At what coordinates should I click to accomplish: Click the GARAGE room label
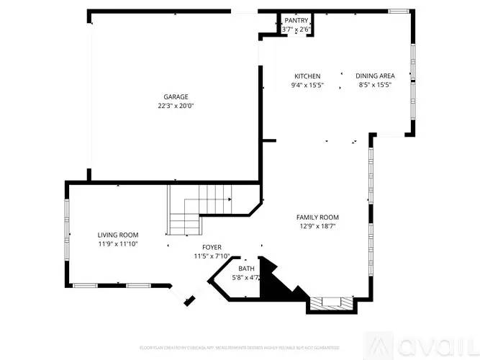[176, 96]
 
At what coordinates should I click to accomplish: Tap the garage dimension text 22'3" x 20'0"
[176, 106]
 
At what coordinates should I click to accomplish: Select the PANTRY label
[296, 21]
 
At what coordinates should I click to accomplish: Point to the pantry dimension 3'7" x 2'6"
[296, 30]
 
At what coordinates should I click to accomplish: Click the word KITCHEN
[307, 76]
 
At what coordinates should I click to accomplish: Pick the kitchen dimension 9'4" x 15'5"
[307, 85]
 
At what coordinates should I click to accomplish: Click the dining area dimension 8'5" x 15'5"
[375, 85]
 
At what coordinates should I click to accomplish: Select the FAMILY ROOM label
[317, 217]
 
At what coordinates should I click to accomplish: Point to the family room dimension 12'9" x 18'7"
[317, 226]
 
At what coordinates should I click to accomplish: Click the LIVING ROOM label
[118, 235]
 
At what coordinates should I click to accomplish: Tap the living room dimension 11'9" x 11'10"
[118, 244]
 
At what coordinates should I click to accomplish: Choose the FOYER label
[212, 247]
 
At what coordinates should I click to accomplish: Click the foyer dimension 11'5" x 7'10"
[212, 256]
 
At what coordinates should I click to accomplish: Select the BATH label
[246, 269]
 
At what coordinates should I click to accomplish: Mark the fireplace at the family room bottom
[330, 304]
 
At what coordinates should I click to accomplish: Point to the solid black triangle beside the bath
[276, 285]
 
